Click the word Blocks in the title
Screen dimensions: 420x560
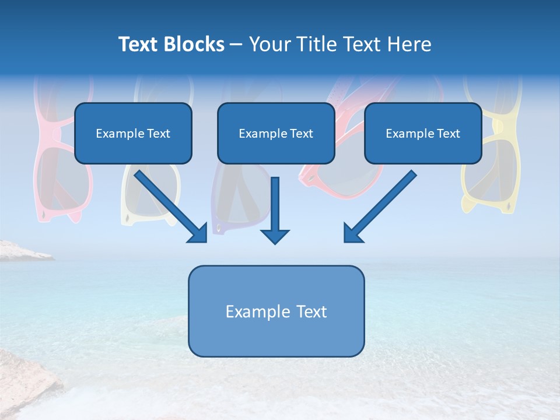[195, 44]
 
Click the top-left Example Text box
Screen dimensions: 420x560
[133, 133]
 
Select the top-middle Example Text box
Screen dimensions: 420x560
[276, 133]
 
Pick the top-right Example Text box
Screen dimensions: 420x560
[423, 133]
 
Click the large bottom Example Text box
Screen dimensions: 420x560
[276, 311]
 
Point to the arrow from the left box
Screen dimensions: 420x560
[169, 205]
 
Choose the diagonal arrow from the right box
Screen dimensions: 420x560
[382, 205]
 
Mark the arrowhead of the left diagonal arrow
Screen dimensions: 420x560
[198, 233]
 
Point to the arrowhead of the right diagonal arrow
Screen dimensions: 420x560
[353, 233]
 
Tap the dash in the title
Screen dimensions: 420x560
[236, 44]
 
